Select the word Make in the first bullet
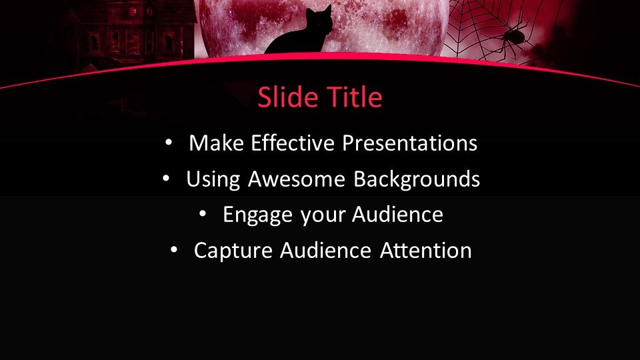tap(216, 143)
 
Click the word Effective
tap(293, 143)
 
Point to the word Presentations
tap(410, 143)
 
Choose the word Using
tap(213, 179)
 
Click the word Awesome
tap(296, 179)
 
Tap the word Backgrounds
tap(416, 179)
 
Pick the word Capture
tap(233, 251)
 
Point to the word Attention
tap(426, 250)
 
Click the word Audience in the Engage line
tap(397, 214)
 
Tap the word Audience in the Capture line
tap(325, 250)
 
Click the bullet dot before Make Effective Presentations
tap(169, 143)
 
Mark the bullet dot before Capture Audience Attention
tap(174, 250)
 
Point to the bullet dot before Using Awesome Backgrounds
tap(166, 179)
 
